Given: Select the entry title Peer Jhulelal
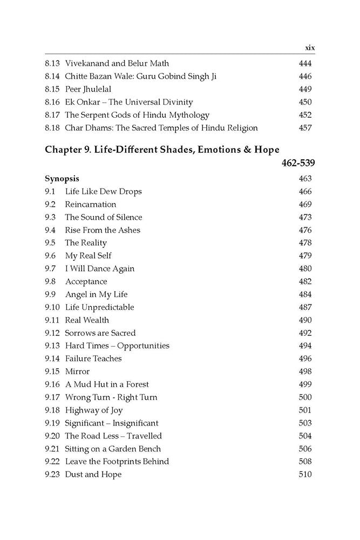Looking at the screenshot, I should tap(88, 89).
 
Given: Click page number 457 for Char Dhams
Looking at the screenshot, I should tap(305, 128).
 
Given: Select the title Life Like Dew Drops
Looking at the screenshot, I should tap(103, 191).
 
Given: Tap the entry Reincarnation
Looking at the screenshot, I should tap(90, 204).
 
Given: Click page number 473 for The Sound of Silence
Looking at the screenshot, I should tap(305, 217).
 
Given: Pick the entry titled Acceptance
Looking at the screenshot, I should tap(86, 281).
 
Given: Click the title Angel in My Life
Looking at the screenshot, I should tap(96, 294).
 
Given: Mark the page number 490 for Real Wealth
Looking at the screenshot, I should tap(305, 320).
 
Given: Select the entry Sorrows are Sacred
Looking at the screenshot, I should tap(100, 333).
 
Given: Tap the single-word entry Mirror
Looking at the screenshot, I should tap(77, 372).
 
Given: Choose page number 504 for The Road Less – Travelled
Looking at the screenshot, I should tap(305, 436).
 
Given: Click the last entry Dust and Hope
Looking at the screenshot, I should tap(93, 474).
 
